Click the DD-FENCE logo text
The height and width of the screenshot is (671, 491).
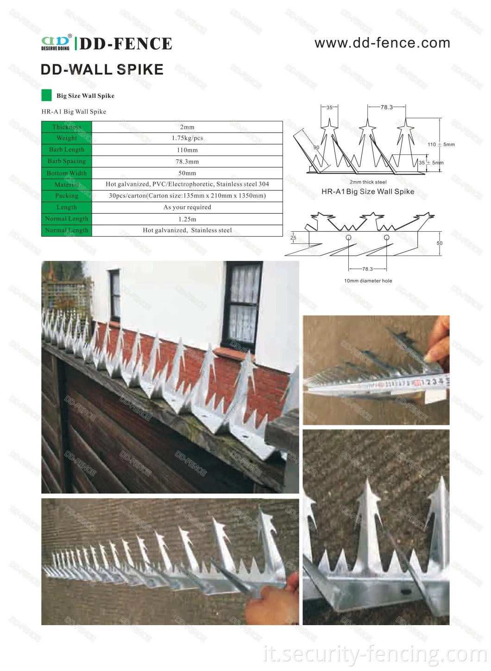(126, 44)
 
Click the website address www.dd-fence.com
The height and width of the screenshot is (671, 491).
(382, 43)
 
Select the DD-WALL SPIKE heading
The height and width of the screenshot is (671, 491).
(102, 70)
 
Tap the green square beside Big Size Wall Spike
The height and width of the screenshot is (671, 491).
(46, 95)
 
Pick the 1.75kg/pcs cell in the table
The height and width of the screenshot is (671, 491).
(187, 138)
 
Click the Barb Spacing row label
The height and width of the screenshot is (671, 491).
(67, 161)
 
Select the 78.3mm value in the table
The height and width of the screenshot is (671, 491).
(187, 162)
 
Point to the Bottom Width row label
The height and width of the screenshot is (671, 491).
(67, 173)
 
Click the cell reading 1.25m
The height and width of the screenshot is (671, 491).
(187, 219)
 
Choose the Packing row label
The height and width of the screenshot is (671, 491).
(67, 196)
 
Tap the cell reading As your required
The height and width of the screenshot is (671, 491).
(187, 207)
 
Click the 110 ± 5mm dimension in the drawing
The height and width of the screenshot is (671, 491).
(441, 145)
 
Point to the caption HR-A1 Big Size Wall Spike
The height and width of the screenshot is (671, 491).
(368, 191)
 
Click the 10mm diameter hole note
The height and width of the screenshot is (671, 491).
(368, 281)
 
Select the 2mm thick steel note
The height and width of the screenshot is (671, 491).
(368, 182)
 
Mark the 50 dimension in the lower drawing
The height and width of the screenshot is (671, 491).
(440, 243)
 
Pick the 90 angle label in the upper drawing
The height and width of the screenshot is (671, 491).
(316, 147)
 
